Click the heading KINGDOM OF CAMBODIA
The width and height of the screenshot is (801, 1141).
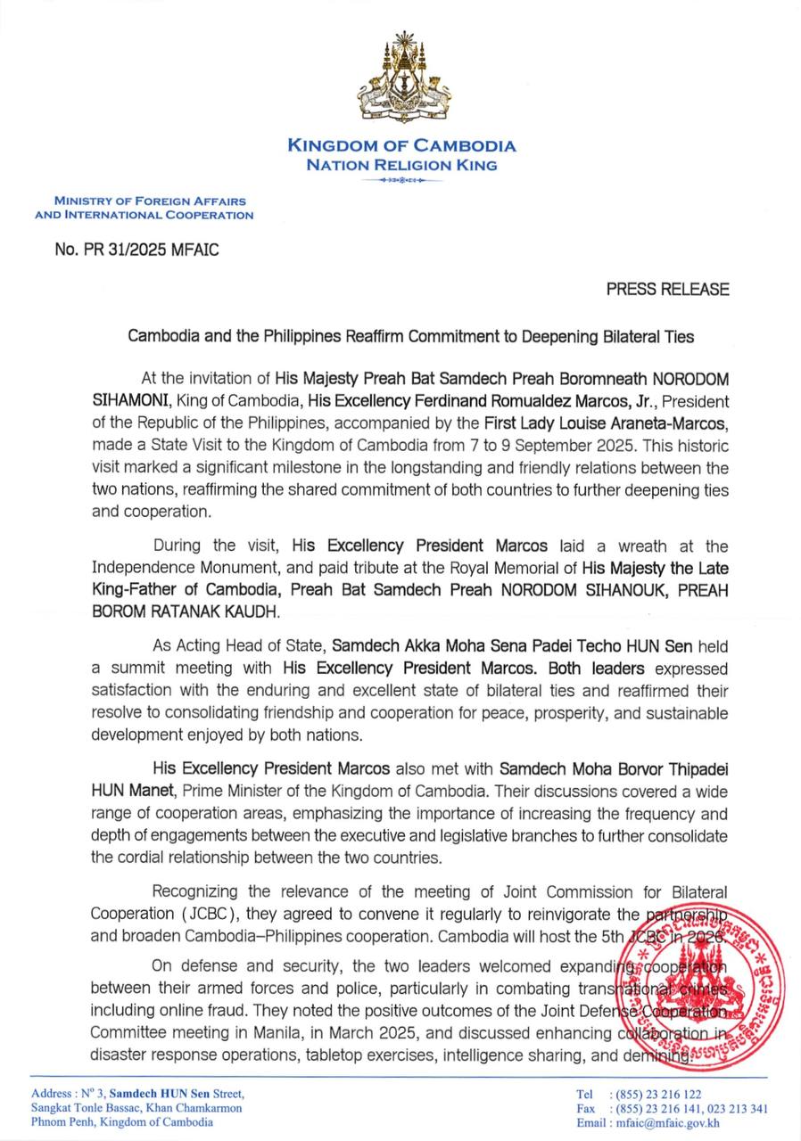click(x=401, y=146)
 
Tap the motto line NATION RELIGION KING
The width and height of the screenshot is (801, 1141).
click(x=401, y=165)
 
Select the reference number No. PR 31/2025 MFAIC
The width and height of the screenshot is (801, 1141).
click(x=136, y=250)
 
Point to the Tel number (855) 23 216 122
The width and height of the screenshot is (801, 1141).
click(x=655, y=1094)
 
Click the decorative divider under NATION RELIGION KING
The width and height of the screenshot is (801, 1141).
click(x=401, y=181)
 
